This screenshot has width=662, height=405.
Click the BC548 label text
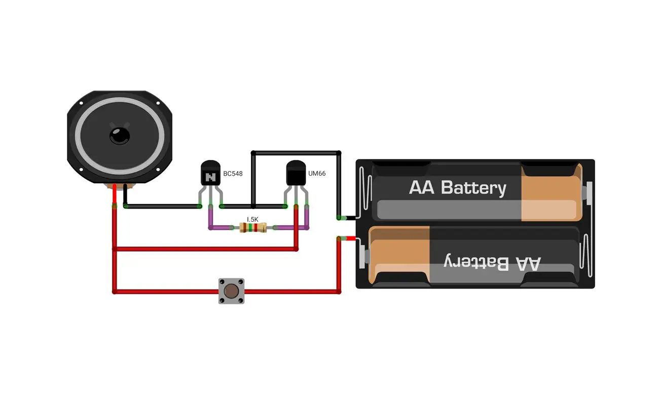click(x=233, y=174)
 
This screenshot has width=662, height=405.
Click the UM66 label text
click(x=317, y=173)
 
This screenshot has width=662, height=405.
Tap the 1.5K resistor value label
click(x=252, y=219)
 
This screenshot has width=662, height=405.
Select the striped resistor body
click(x=253, y=228)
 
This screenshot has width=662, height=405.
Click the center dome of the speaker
click(x=120, y=136)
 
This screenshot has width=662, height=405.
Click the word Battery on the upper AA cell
click(x=473, y=188)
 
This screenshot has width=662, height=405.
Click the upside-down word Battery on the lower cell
click(x=476, y=262)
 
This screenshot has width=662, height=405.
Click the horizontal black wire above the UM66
click(x=296, y=153)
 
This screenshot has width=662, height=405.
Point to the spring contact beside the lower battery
click(x=586, y=256)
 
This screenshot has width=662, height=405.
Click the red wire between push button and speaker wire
click(x=166, y=292)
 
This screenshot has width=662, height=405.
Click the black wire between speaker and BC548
click(x=163, y=207)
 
